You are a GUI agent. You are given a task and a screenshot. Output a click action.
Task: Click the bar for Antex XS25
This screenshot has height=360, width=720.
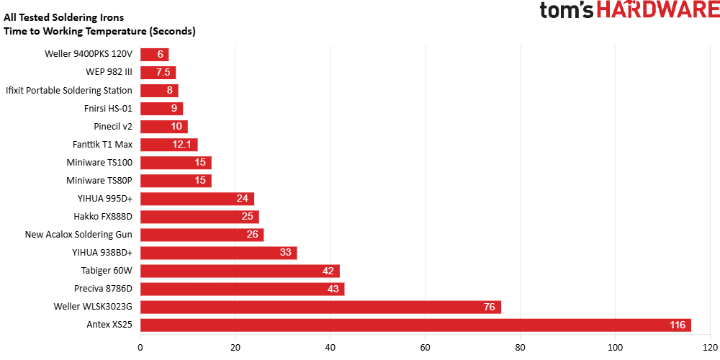415,325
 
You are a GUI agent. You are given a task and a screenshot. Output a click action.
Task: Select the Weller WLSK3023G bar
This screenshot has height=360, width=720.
320,307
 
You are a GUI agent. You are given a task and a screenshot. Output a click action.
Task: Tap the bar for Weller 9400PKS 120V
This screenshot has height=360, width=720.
154,55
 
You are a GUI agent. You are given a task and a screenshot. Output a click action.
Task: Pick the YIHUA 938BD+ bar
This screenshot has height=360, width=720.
218,253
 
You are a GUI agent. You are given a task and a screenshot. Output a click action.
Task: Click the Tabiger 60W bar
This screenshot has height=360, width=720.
240,271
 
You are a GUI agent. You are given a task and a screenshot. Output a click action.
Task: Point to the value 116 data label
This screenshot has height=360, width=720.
678,325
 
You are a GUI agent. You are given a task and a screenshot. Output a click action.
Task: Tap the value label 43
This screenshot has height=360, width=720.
333,289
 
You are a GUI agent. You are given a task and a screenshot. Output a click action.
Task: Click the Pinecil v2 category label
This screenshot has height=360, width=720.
112,127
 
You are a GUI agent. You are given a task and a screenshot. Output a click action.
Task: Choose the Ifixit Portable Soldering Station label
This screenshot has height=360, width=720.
69,91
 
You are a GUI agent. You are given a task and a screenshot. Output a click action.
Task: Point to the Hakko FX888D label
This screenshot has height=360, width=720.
103,217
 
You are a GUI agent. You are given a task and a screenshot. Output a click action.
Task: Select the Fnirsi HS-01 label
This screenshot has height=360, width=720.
108,109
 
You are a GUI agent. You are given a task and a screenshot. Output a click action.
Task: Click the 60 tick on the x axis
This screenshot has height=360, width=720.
425,346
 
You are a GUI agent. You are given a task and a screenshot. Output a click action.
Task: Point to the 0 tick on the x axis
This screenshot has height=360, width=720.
140,346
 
